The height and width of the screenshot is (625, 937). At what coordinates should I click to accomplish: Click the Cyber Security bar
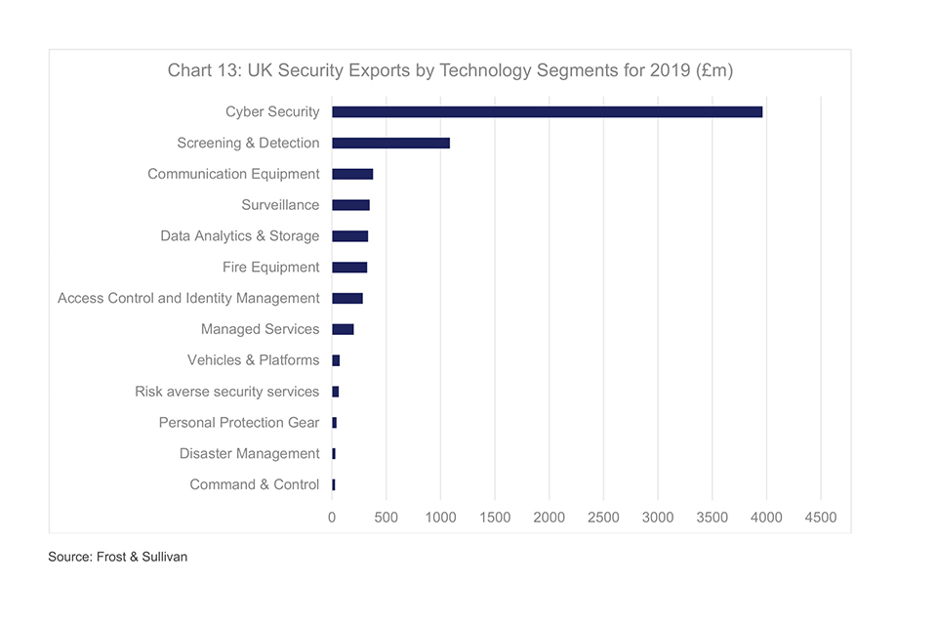547,111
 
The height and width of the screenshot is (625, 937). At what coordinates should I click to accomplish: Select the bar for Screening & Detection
390,143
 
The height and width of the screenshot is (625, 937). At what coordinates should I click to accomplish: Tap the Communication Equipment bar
352,174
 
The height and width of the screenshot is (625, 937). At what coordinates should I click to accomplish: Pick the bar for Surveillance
350,205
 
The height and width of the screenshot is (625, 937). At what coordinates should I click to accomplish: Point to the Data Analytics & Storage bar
349,236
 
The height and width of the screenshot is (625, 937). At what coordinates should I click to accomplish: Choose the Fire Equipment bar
349,267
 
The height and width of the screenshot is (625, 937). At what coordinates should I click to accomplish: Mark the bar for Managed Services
343,329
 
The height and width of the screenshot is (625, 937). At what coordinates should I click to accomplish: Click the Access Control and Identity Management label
188,298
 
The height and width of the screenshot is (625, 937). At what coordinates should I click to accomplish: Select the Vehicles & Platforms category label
253,360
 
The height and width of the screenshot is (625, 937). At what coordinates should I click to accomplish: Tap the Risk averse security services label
226,392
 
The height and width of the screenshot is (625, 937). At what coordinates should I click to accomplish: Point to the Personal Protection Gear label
239,423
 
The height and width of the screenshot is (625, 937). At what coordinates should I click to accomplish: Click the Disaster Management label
249,453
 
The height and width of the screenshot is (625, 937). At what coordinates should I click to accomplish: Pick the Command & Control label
254,484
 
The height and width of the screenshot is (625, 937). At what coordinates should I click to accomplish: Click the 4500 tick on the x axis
821,518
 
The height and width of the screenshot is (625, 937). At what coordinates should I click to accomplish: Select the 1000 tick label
440,518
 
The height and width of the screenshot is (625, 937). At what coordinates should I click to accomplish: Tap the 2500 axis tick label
603,518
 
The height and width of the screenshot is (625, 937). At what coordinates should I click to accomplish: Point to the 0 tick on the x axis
332,518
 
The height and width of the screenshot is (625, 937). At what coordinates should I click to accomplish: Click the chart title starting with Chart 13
450,70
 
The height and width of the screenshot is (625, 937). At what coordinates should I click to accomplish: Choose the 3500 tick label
713,518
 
